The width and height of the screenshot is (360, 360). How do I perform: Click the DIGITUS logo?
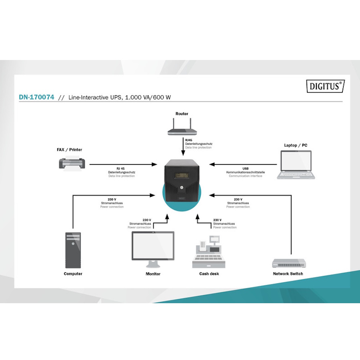tap(325, 86)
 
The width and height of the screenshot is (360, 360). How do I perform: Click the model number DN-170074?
tap(36, 97)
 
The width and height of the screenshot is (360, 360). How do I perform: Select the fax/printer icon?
tap(72, 163)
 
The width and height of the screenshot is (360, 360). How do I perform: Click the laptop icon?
tap(296, 165)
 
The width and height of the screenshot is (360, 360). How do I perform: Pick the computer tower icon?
tap(73, 250)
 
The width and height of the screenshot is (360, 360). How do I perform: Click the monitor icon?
tap(153, 250)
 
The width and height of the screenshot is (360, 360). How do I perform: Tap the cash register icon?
tap(209, 252)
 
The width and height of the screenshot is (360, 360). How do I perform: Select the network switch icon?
tap(289, 263)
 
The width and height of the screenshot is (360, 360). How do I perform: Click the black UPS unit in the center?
tap(182, 181)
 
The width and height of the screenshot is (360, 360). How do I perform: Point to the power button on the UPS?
tap(182, 187)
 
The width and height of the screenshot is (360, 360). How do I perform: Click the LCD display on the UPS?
tap(182, 176)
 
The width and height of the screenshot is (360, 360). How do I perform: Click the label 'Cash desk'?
tap(209, 274)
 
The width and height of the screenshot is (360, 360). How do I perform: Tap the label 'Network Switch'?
tap(288, 274)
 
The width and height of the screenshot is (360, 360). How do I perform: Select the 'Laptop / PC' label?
tap(296, 145)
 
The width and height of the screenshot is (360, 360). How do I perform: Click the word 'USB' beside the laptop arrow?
tap(246, 168)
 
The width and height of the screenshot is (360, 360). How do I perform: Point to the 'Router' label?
tap(182, 114)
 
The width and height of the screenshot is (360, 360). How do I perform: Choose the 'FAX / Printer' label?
tap(69, 150)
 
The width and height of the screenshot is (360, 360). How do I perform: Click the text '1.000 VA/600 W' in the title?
tap(148, 97)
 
